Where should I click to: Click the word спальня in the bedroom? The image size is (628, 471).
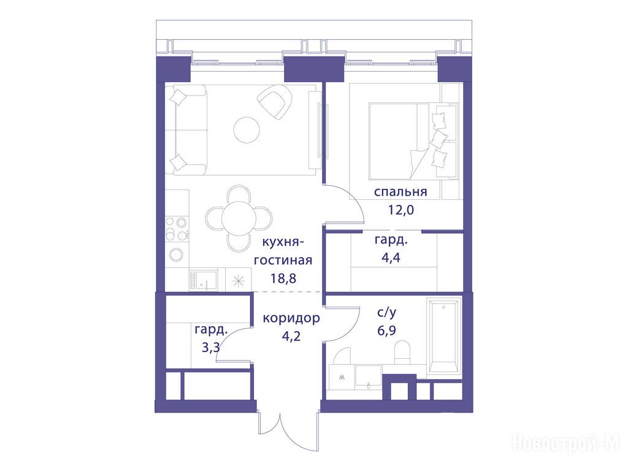click(x=400, y=192)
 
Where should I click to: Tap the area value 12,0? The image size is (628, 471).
click(x=400, y=210)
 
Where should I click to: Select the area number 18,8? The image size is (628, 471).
click(x=283, y=278)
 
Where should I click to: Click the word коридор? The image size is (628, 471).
click(x=291, y=318)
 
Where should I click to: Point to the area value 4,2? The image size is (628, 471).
click(x=291, y=335)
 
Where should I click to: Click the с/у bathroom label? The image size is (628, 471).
click(x=387, y=313)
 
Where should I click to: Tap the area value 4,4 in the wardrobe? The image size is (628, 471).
click(x=391, y=257)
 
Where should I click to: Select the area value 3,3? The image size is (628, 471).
click(x=211, y=347)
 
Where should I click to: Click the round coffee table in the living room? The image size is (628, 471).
click(x=247, y=130)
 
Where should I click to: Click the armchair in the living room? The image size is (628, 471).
click(x=275, y=103)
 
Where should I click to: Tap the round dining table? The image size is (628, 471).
click(x=239, y=218)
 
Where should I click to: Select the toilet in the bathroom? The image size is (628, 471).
click(x=402, y=353)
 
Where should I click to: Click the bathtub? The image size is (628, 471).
click(x=444, y=335)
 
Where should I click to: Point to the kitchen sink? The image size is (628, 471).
click(x=204, y=280)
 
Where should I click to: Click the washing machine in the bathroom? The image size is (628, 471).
click(x=341, y=377)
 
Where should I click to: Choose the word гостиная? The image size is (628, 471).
click(x=283, y=260)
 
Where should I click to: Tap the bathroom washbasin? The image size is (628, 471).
click(x=369, y=376)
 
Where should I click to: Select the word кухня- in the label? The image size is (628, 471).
click(x=283, y=242)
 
